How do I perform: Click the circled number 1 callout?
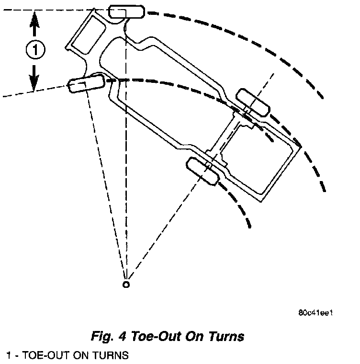(34, 49)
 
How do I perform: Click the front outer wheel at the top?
(126, 11)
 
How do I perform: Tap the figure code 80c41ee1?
(315, 313)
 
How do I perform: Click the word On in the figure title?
(195, 336)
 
